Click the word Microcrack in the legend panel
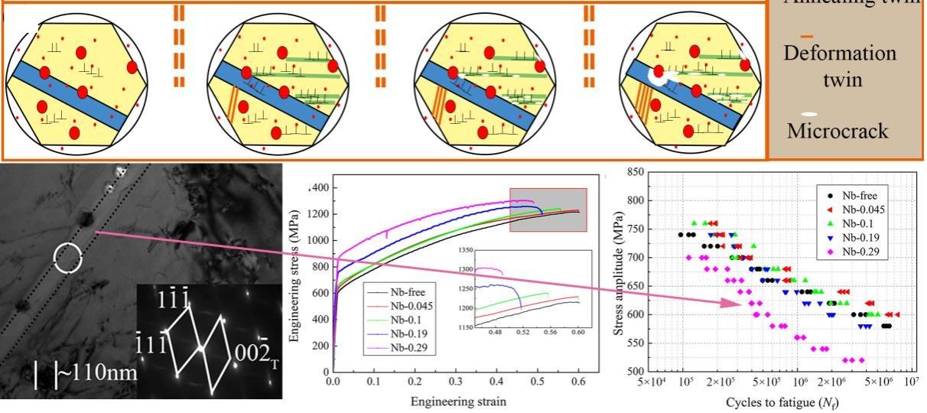[838, 131]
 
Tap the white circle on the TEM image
[67, 259]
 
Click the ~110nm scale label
[97, 373]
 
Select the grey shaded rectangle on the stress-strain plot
[548, 209]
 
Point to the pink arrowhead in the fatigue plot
[733, 303]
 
